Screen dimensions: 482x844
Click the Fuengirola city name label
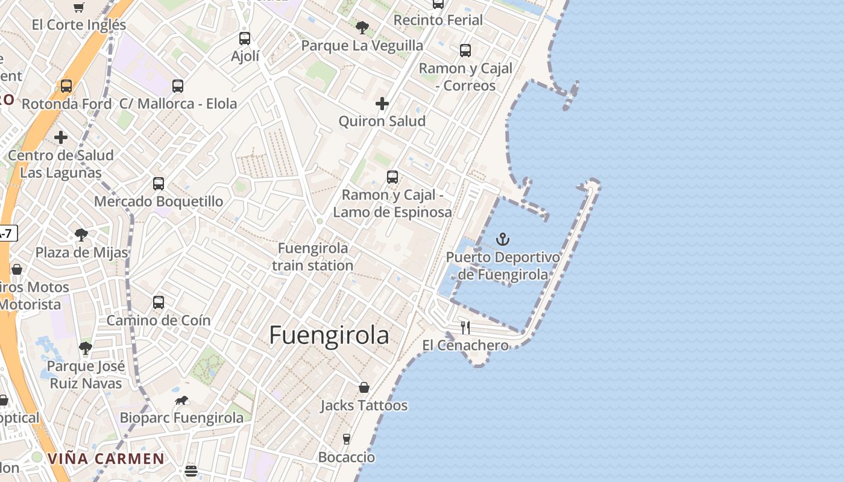[x=329, y=335]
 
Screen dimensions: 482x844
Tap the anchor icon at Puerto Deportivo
[x=503, y=240]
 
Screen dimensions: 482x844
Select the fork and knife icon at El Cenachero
[x=465, y=327]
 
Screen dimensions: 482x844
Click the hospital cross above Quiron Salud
[x=382, y=104]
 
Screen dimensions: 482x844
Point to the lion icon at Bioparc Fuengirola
[x=181, y=400]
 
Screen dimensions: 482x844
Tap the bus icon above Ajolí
[x=245, y=39]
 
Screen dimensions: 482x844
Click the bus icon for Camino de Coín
[x=159, y=302]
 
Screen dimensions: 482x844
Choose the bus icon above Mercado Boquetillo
[x=159, y=184]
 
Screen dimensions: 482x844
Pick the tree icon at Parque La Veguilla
[x=362, y=27]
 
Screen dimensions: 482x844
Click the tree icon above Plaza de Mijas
[x=81, y=235]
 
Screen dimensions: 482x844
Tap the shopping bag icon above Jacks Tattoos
[x=364, y=387]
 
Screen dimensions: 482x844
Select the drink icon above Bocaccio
[x=347, y=439]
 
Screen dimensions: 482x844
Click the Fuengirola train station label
[x=312, y=257]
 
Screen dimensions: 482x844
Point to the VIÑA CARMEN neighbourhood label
[x=105, y=459]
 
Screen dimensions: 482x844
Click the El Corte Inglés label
[x=79, y=25]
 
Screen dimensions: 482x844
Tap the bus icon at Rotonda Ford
[x=66, y=86]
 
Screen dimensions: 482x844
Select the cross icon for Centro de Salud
[x=61, y=137]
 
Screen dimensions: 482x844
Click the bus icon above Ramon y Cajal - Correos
[x=465, y=51]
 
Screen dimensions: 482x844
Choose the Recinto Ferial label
[x=438, y=20]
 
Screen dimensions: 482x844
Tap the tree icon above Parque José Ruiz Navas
[x=86, y=348]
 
